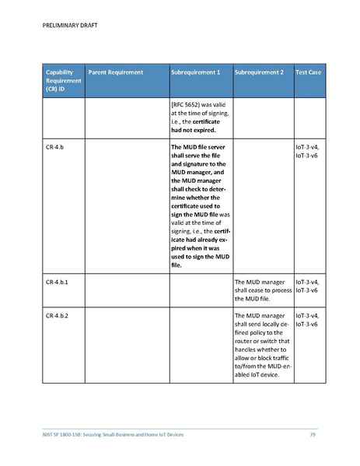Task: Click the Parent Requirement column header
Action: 116,72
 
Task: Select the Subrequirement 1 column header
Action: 195,72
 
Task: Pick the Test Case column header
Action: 309,72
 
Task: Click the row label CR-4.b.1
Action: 58,281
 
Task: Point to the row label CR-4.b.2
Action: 58,316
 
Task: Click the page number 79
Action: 313,433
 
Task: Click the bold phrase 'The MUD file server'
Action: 199,145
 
